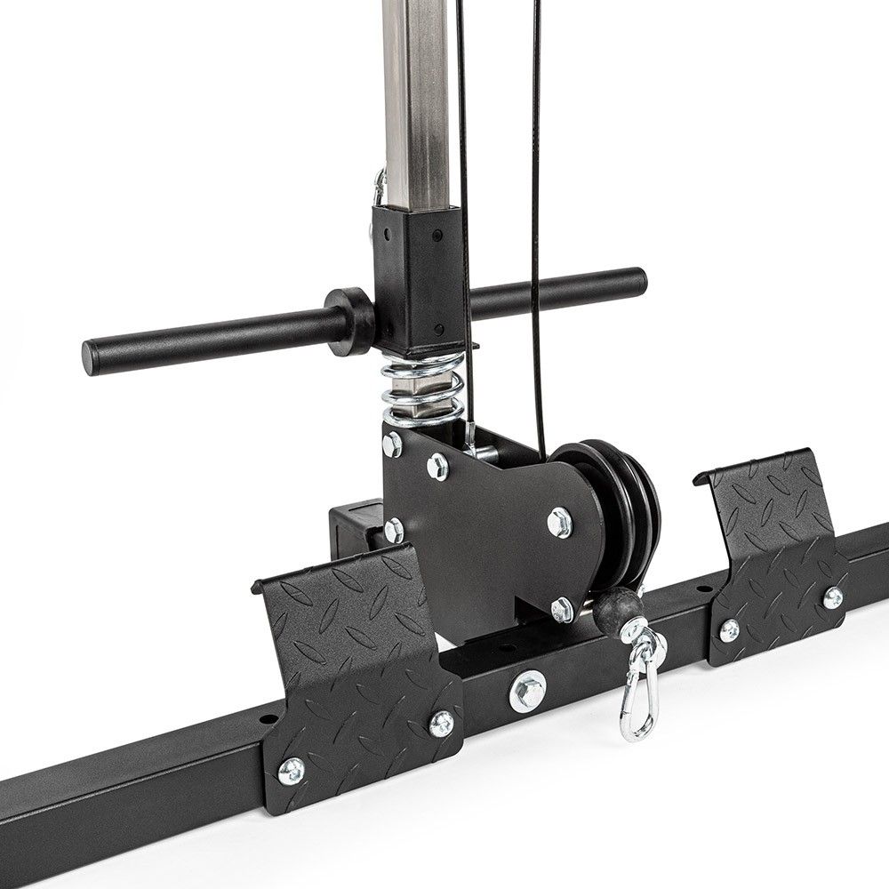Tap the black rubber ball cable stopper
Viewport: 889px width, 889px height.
click(x=613, y=612)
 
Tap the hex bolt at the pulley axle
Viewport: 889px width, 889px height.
click(x=559, y=523)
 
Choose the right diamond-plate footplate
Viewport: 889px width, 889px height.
click(x=773, y=560)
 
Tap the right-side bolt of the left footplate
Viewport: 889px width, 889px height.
click(x=442, y=723)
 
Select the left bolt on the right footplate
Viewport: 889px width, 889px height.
click(x=729, y=629)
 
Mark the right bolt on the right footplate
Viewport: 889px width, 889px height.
click(x=833, y=597)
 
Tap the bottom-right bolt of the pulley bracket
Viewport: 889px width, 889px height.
click(x=561, y=610)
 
